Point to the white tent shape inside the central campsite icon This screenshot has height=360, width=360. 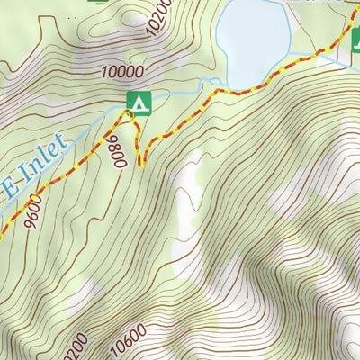click(138, 103)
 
